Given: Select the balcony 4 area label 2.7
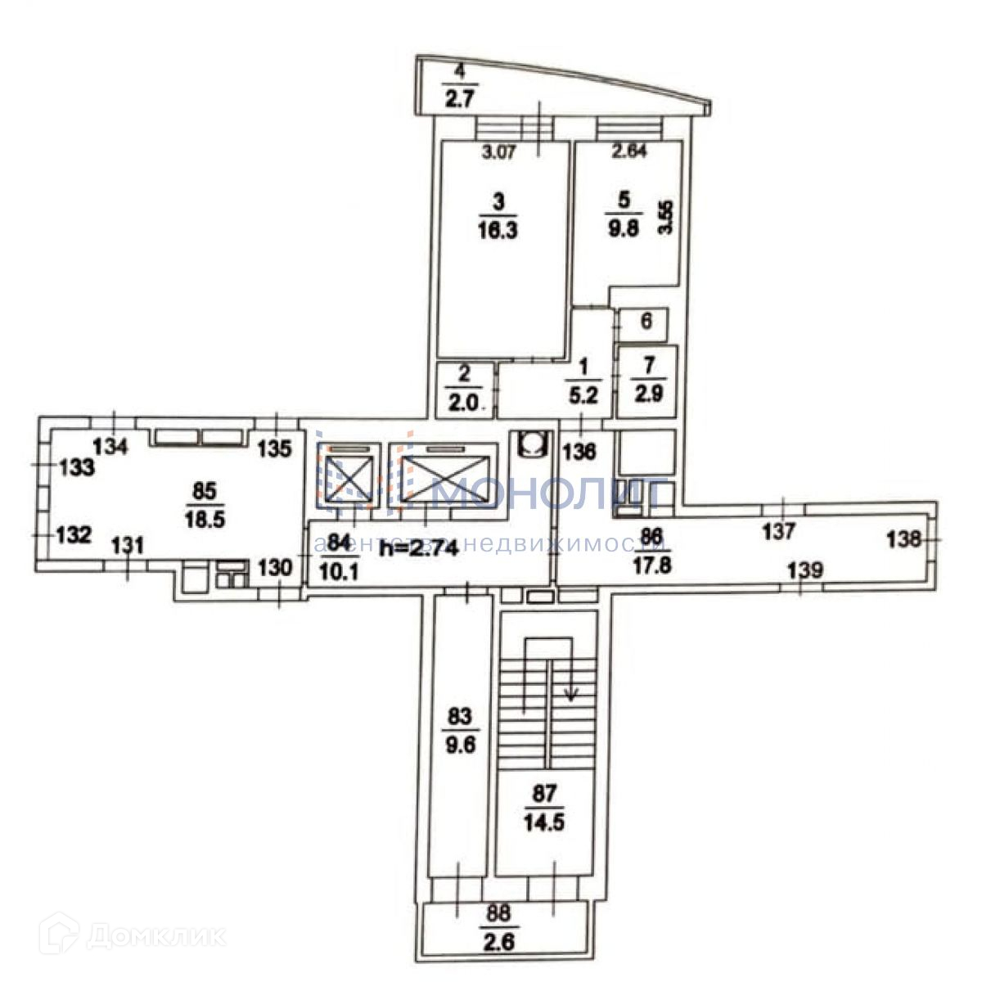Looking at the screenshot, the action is coord(459,101).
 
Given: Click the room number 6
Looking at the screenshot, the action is coord(645,322).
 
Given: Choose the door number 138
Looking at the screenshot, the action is coord(903,539).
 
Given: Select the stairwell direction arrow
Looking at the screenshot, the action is coord(571,694).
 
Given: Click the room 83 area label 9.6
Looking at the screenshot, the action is coord(459,746).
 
